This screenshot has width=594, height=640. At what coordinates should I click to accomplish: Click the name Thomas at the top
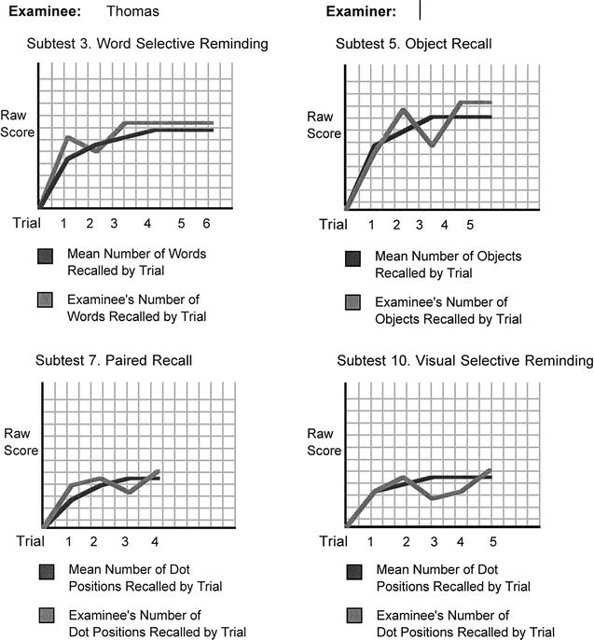[132, 12]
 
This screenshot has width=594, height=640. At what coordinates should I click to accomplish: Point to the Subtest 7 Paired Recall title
[114, 361]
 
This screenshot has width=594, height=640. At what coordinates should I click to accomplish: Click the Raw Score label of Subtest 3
[18, 125]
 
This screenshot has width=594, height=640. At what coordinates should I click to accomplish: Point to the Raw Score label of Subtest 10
[324, 442]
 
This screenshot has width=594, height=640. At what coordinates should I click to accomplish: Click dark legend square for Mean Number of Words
[44, 256]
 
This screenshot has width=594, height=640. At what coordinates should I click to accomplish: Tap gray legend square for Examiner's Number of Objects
[352, 304]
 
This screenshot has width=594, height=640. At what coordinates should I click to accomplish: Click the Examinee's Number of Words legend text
[136, 308]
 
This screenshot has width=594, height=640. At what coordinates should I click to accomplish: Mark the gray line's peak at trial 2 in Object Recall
[403, 109]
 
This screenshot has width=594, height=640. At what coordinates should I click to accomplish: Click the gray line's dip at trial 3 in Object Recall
[433, 146]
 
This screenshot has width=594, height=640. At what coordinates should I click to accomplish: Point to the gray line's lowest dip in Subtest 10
[433, 498]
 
